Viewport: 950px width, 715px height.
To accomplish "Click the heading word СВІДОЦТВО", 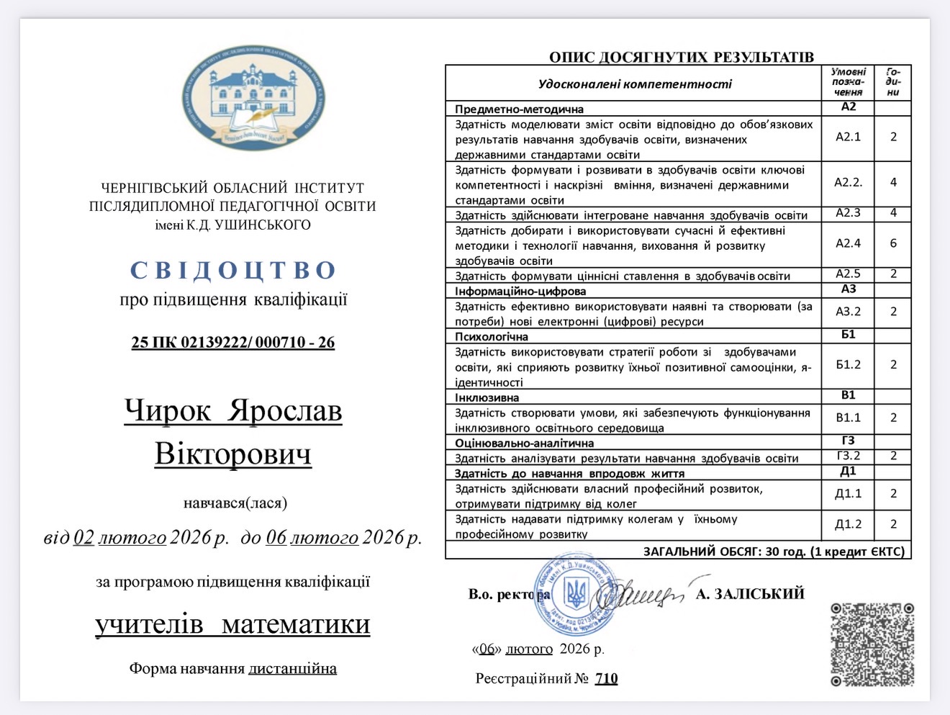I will click(x=233, y=270).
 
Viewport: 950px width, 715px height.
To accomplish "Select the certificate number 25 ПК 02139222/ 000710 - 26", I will click(x=233, y=343).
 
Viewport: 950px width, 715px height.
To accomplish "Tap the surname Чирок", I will click(x=168, y=410).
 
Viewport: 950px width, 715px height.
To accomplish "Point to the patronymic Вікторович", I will click(x=233, y=454).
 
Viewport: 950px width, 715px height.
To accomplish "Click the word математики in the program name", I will click(x=296, y=624).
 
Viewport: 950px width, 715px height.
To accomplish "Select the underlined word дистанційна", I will click(x=292, y=669).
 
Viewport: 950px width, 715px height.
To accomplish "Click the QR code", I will click(x=872, y=644).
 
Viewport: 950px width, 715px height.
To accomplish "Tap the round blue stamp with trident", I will click(x=575, y=595).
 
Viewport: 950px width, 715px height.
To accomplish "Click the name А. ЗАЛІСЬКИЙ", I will click(x=750, y=594).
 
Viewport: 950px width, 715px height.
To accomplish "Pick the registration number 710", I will click(x=606, y=678).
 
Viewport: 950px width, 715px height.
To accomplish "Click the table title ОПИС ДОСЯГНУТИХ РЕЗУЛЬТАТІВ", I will click(x=681, y=57).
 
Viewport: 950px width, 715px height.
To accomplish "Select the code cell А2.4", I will click(x=848, y=243).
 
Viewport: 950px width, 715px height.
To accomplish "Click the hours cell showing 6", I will click(x=893, y=243).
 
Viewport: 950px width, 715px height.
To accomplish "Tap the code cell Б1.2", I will click(x=848, y=364).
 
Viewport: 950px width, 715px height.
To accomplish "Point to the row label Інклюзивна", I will click(x=487, y=397).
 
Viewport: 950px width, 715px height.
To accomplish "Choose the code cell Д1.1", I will click(x=848, y=494).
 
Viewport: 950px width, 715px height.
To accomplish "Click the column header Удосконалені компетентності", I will click(x=634, y=84).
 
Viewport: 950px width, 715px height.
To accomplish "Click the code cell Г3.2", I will click(x=848, y=456).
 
